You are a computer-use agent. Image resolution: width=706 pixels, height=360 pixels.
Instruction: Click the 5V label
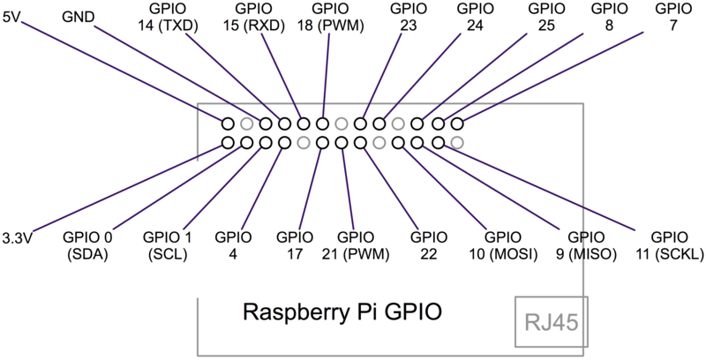(x=12, y=13)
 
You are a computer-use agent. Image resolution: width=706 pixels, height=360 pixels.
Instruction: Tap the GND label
(x=79, y=15)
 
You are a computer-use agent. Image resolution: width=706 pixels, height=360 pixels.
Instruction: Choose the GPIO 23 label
(x=408, y=18)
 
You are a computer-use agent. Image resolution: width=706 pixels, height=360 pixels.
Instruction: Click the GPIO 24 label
(x=476, y=18)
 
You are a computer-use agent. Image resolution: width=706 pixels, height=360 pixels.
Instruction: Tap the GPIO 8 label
(x=609, y=18)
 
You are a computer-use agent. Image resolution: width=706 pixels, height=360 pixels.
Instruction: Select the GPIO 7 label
(x=675, y=18)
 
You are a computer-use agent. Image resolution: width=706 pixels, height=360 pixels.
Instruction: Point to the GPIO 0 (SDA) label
(x=87, y=246)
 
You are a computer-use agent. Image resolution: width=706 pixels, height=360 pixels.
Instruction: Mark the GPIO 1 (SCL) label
(x=167, y=246)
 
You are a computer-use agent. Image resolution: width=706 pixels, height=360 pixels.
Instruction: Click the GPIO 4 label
(x=233, y=246)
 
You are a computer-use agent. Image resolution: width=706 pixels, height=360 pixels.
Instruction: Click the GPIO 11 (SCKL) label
(x=669, y=246)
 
